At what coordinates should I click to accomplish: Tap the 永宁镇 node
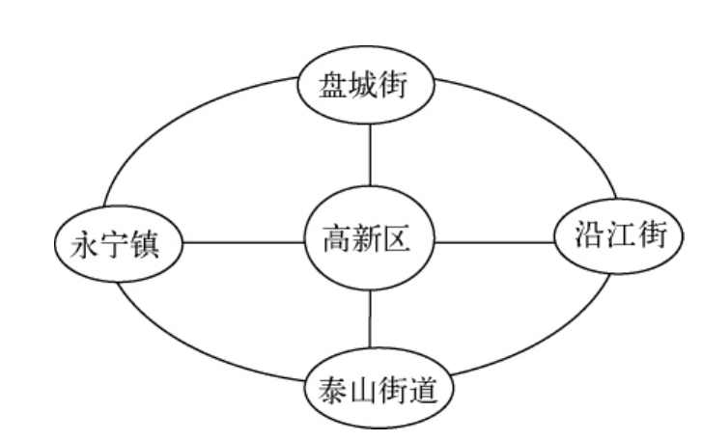pos(118,242)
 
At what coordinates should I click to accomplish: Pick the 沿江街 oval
pos(617,236)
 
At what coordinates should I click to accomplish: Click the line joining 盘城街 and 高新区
pos(371,154)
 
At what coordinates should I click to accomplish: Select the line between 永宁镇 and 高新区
pos(242,241)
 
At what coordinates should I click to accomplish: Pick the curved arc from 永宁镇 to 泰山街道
pos(193,347)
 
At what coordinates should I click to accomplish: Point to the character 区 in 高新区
pos(407,239)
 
